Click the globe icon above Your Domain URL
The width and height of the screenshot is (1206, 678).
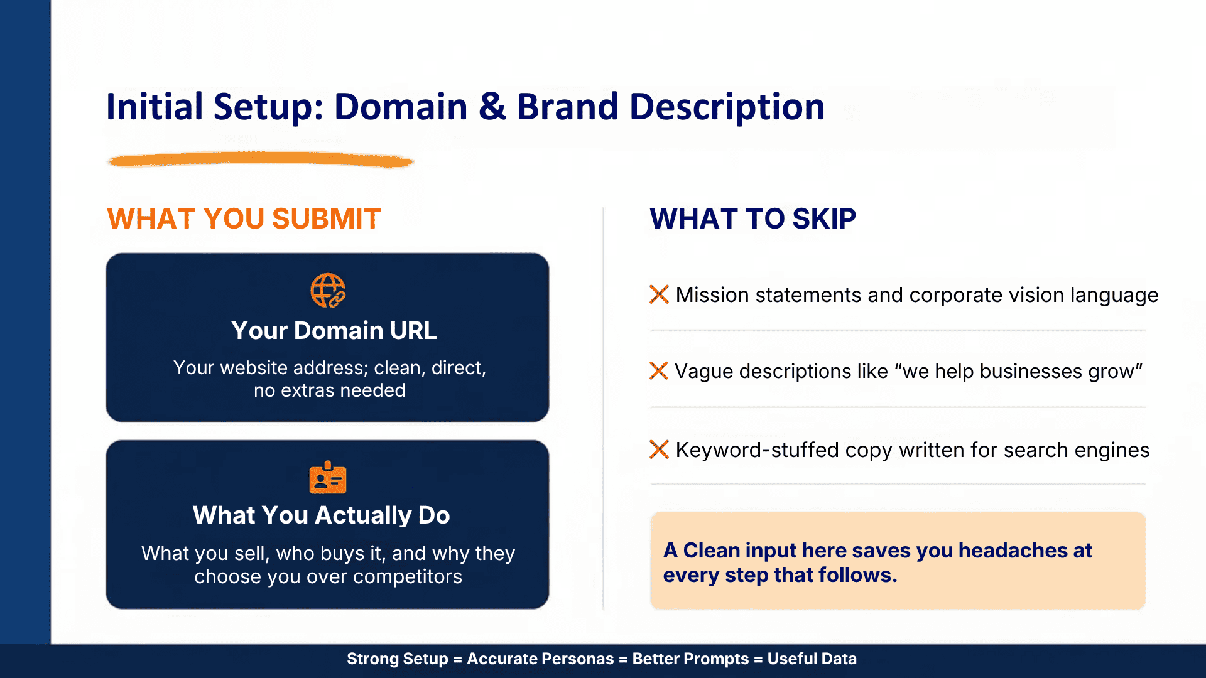328,291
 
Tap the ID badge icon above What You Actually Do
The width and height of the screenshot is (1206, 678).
327,478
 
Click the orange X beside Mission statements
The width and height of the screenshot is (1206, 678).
659,294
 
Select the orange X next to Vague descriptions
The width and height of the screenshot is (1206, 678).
658,370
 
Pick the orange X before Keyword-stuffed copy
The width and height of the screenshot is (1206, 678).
659,449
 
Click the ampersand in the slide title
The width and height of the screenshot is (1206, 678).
492,107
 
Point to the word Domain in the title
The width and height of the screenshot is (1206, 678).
401,107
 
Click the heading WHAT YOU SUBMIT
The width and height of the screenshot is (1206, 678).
244,218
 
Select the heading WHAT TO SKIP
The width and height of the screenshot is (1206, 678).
752,218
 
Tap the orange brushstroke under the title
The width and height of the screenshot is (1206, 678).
261,160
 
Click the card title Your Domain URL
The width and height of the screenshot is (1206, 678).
334,330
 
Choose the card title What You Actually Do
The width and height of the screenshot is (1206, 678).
321,515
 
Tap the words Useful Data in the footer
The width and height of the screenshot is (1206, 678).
812,659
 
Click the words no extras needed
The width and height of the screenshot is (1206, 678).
329,390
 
